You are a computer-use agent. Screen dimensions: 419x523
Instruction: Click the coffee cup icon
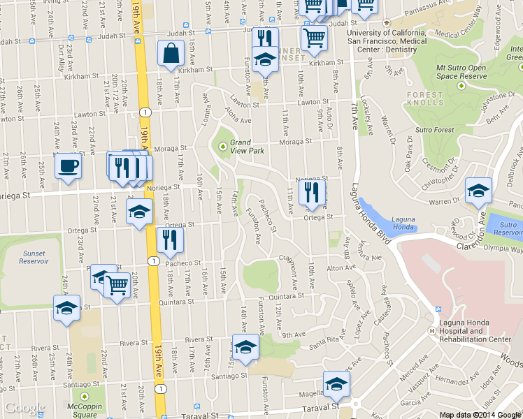point(68,166)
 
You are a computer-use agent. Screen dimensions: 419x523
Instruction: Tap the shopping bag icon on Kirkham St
point(171,53)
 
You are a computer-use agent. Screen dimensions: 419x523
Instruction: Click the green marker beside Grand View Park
point(223,146)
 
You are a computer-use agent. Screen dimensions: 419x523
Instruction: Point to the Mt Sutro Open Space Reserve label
point(461,71)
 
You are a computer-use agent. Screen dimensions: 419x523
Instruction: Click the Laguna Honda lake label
point(403,223)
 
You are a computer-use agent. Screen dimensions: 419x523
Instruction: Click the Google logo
point(24,407)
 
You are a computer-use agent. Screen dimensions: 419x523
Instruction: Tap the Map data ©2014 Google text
point(480,415)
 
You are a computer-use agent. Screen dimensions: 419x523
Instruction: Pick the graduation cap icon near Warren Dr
point(479,191)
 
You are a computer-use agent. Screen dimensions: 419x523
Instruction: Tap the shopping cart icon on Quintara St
point(117,286)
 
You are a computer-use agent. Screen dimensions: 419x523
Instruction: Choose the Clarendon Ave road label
point(482,222)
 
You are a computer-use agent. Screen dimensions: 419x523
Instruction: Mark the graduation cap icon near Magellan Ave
point(336,384)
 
